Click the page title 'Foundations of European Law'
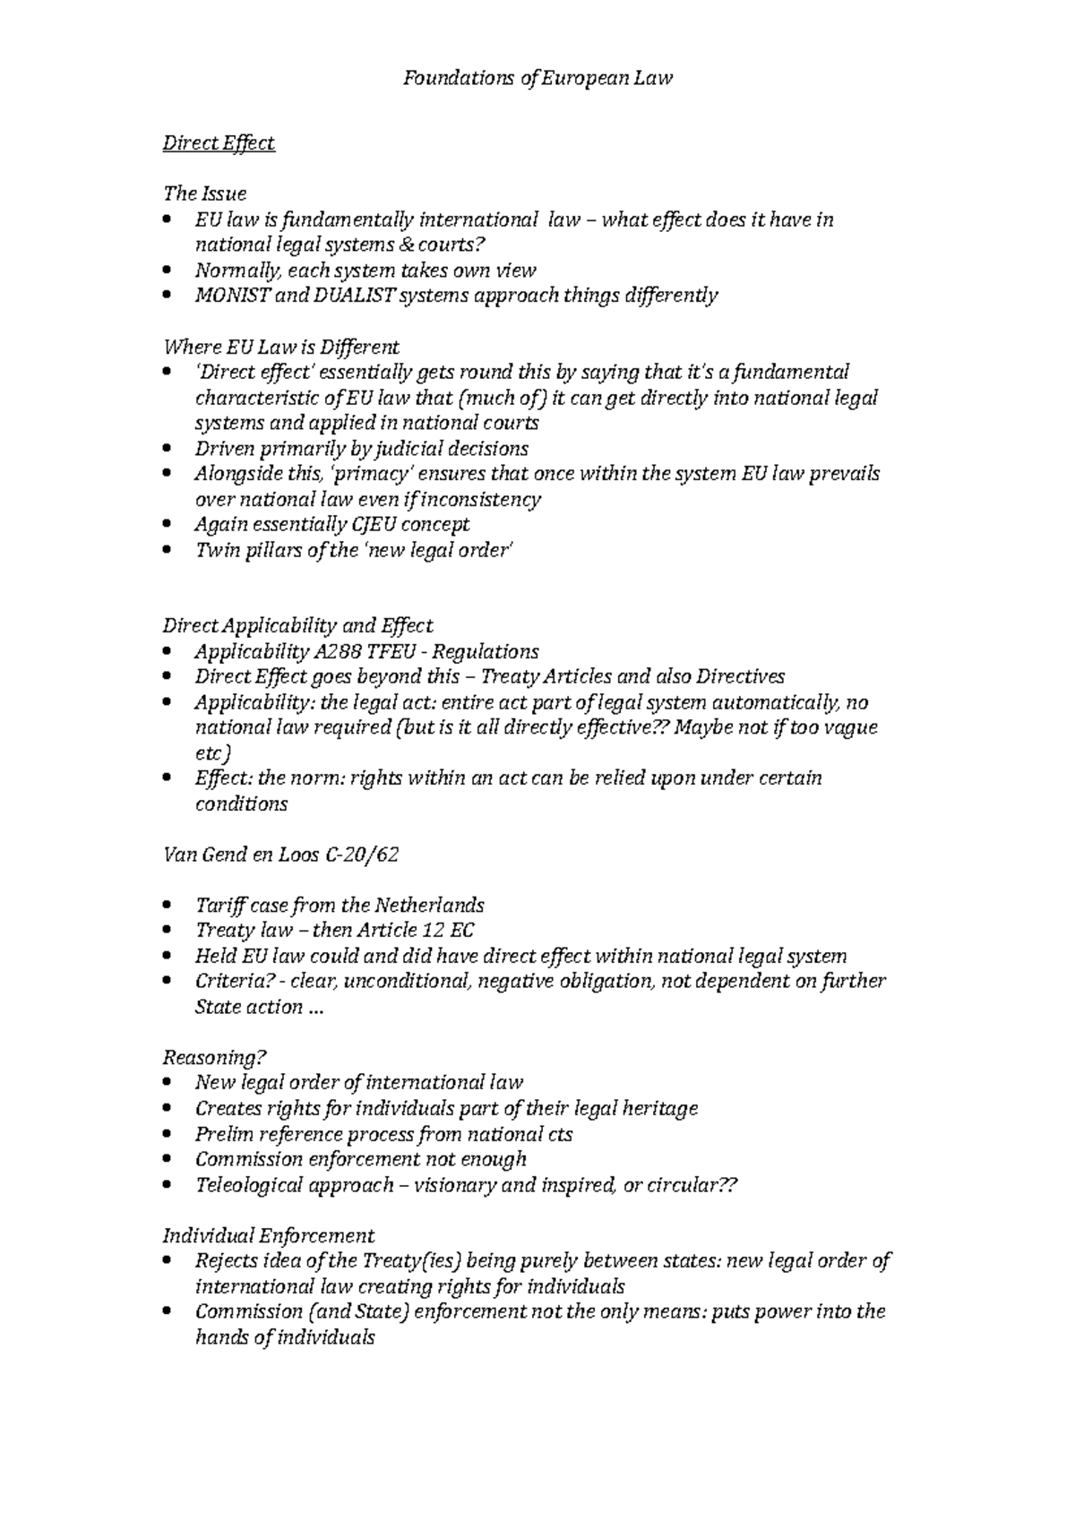(537, 78)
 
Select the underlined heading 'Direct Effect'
(218, 143)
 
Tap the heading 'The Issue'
(203, 193)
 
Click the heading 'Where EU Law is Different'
(280, 347)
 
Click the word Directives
(740, 676)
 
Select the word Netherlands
(428, 905)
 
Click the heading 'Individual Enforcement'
(268, 1236)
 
